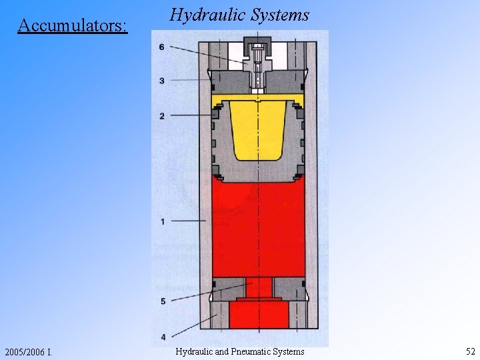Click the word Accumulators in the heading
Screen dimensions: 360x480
(72, 25)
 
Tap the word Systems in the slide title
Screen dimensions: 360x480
(281, 14)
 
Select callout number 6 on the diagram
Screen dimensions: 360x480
(162, 47)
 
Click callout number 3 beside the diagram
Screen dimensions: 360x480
(162, 81)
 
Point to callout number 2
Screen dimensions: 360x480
(162, 117)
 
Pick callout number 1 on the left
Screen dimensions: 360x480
(162, 221)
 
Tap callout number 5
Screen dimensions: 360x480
(162, 301)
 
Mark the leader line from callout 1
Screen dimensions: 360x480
(188, 221)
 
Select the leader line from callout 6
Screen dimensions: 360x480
(207, 54)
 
